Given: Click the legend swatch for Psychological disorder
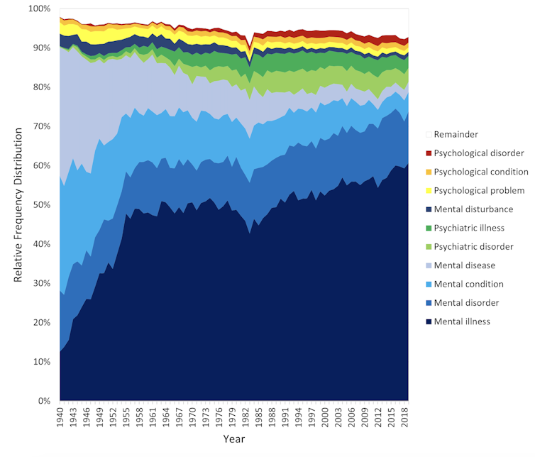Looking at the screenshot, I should (x=428, y=153).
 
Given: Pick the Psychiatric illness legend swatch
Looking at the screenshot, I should (x=428, y=228).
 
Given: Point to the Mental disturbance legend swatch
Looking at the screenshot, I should (x=428, y=209).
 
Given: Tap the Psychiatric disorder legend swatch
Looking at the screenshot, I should (x=428, y=247).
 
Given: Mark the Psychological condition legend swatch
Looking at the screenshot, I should (x=428, y=172).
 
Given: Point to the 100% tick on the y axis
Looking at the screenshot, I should (x=40, y=9).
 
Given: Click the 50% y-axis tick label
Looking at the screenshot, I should (x=43, y=205).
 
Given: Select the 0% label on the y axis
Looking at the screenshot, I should (x=45, y=402).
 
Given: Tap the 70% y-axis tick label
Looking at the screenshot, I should (x=43, y=126).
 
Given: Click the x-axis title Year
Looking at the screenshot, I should (x=233, y=440).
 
